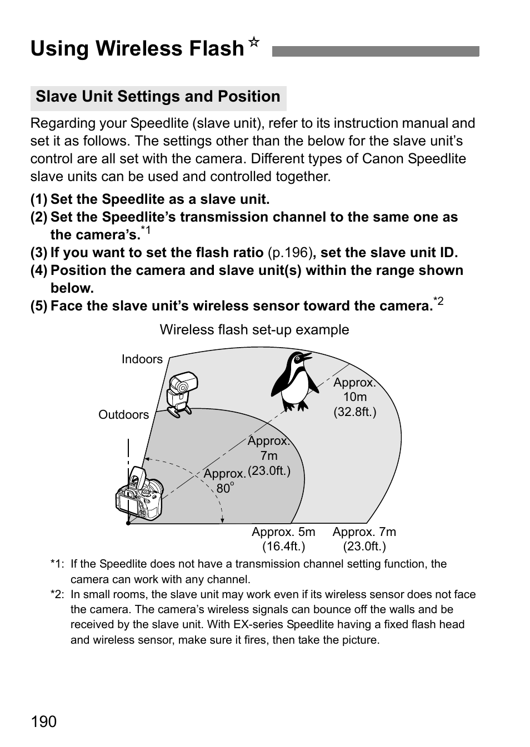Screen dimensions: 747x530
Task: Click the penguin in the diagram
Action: tap(294, 382)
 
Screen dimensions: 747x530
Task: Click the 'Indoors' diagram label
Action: tap(142, 359)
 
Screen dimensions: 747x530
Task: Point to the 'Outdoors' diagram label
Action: tap(124, 415)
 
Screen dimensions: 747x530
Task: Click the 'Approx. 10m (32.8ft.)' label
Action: tap(355, 397)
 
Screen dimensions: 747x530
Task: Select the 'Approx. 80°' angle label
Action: tap(224, 481)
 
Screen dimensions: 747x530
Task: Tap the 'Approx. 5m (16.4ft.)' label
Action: tap(283, 539)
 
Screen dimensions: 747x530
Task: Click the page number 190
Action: tap(44, 721)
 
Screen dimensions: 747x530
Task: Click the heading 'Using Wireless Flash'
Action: tap(137, 49)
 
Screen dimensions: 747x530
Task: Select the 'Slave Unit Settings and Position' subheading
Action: tap(158, 97)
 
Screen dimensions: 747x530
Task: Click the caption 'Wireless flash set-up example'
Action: tap(254, 330)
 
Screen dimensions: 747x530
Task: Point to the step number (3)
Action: tap(39, 253)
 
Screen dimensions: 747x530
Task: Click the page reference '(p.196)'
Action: tap(289, 253)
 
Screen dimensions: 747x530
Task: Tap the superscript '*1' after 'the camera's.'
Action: tap(146, 230)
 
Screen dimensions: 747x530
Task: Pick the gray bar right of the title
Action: tap(375, 52)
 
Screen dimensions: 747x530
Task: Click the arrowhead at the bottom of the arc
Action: tap(222, 520)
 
